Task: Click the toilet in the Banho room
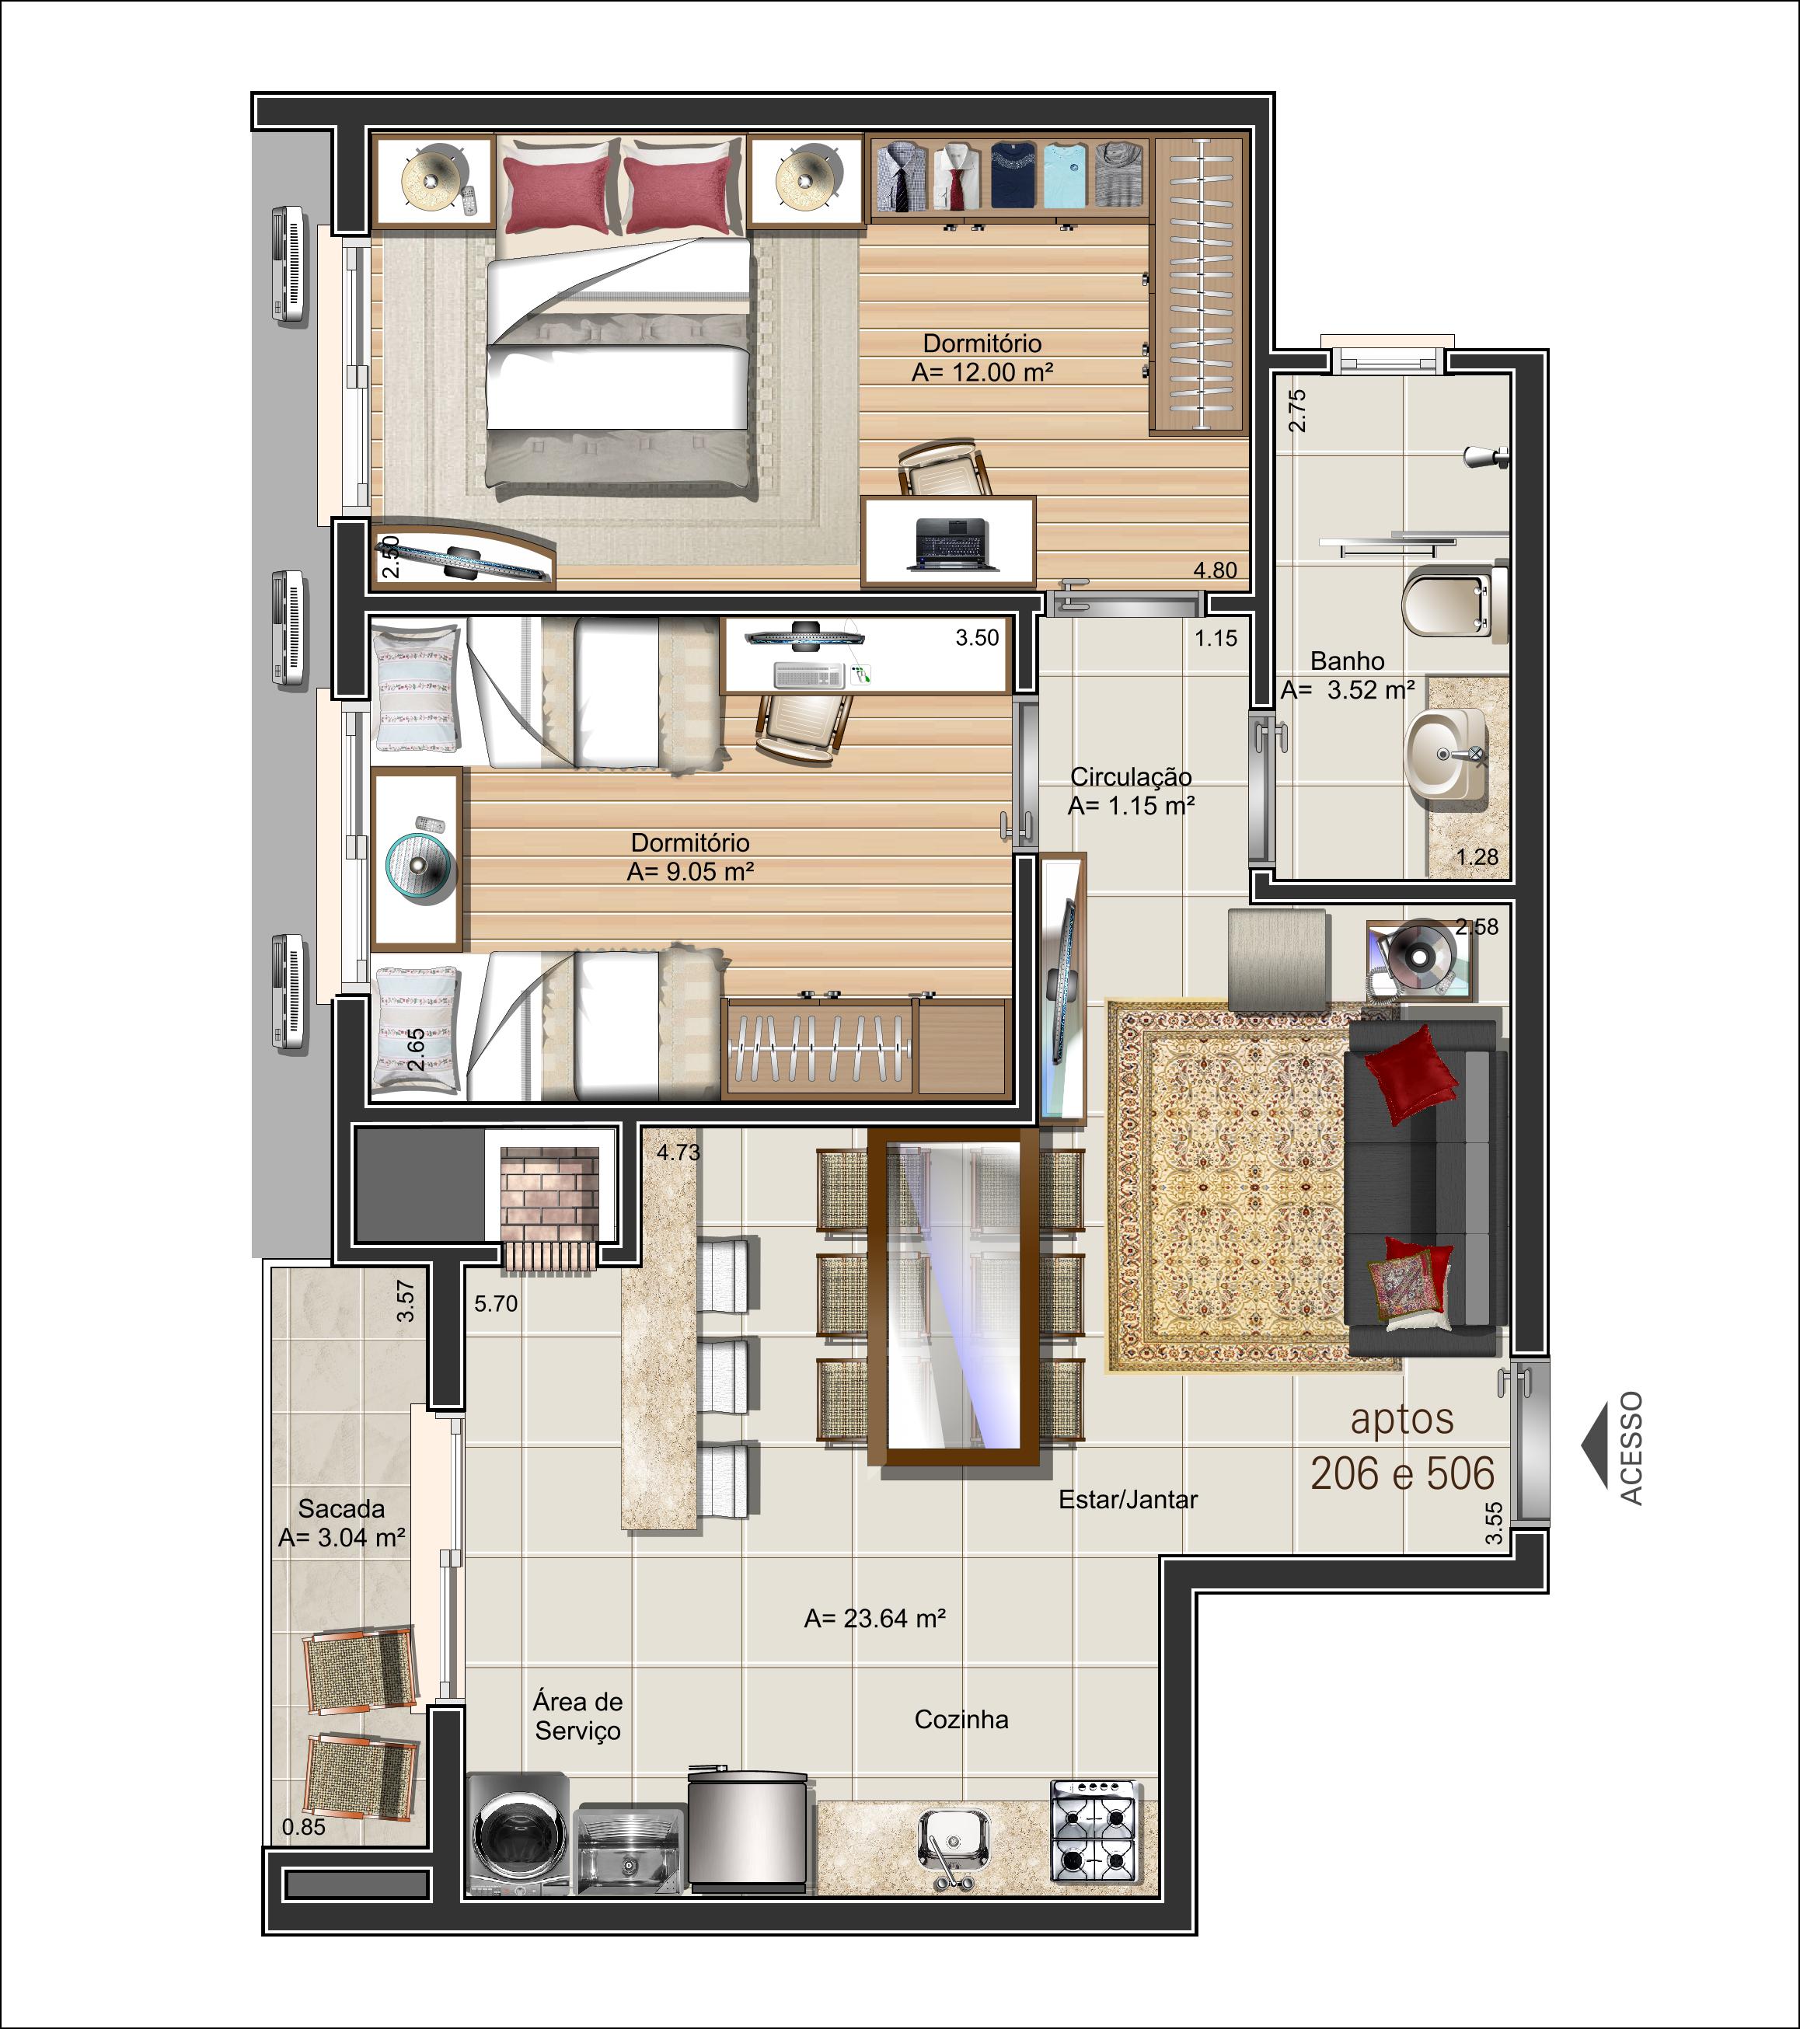click(1453, 601)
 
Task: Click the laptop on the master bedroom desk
click(953, 544)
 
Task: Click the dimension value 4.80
click(1216, 570)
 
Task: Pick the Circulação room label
click(1131, 777)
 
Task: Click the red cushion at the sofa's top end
click(1410, 1073)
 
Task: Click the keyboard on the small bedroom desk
click(809, 676)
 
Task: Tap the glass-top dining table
click(953, 1296)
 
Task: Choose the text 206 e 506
click(1402, 1473)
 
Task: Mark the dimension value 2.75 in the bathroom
click(1296, 410)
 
